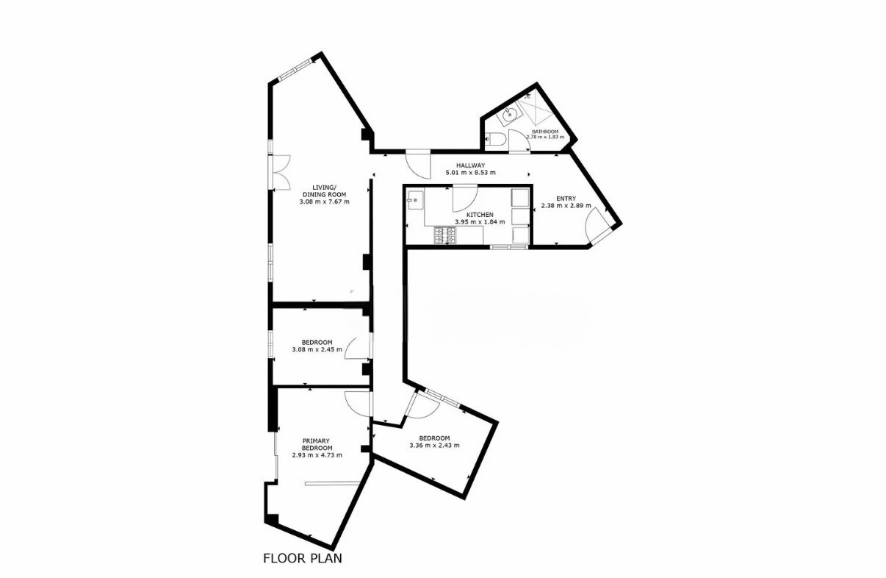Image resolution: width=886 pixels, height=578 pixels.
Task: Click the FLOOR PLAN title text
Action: pos(303,558)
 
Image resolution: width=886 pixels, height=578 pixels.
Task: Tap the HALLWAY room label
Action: pos(470,165)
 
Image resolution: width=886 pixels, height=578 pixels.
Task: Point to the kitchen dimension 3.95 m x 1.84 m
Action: pos(480,221)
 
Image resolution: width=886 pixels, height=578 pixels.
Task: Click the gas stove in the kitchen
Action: pos(445,235)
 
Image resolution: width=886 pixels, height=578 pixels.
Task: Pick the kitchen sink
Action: pos(415,200)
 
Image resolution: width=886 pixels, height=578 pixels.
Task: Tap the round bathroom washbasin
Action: pos(509,115)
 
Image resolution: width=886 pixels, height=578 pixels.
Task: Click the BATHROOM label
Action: pos(544,132)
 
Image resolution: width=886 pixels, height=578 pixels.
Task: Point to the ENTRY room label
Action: pos(566,199)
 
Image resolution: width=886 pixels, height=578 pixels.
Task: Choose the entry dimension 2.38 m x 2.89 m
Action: pos(566,205)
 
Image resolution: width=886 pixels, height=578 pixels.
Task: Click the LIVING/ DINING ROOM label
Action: pos(324,190)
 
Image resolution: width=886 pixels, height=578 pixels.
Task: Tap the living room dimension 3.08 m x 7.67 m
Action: pos(324,201)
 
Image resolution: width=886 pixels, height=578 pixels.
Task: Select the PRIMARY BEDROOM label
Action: pos(317,444)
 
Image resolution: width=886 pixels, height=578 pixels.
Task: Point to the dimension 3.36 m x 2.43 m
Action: pos(434,445)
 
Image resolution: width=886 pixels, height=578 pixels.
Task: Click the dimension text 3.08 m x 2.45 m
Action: pos(317,349)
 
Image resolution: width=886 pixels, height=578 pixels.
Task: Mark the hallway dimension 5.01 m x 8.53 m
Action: pos(470,173)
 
